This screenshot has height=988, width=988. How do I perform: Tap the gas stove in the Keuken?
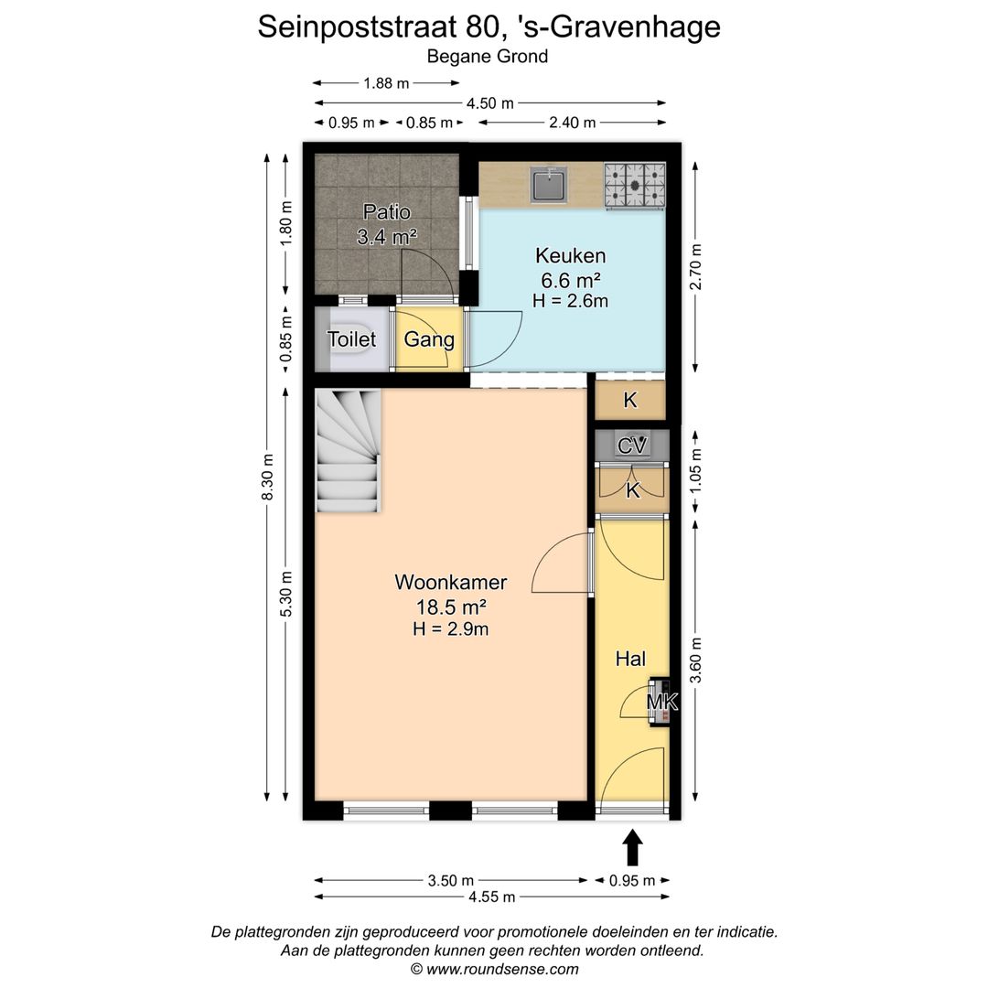click(634, 184)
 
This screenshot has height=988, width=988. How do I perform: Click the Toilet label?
click(351, 339)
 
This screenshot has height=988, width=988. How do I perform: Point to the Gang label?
click(429, 339)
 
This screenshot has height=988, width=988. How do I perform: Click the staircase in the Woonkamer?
click(348, 451)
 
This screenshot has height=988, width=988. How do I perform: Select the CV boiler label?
click(632, 446)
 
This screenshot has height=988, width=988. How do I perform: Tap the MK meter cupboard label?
click(661, 702)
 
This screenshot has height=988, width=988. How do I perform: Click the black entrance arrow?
click(632, 847)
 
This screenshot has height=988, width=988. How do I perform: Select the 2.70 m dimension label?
click(696, 267)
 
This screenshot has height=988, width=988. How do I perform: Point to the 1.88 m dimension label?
click(385, 82)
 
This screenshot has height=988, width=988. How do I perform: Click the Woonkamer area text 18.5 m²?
click(450, 606)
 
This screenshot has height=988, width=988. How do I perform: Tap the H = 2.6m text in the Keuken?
click(570, 300)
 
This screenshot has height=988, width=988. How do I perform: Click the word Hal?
click(630, 658)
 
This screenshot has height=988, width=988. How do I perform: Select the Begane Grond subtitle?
click(488, 56)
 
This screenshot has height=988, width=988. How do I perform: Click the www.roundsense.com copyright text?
click(494, 969)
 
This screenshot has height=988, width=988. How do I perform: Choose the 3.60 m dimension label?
click(696, 660)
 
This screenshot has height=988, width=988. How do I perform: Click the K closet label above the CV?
click(629, 400)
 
